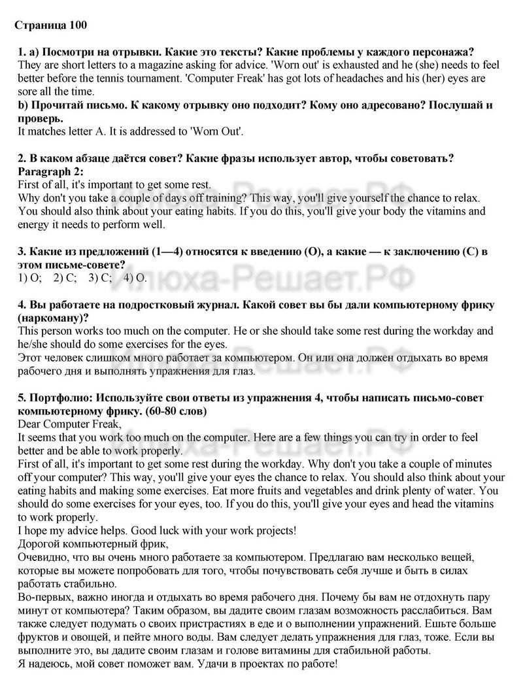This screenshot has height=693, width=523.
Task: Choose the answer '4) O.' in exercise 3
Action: pos(136,277)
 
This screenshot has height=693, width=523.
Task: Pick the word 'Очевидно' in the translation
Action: pos(42,557)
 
